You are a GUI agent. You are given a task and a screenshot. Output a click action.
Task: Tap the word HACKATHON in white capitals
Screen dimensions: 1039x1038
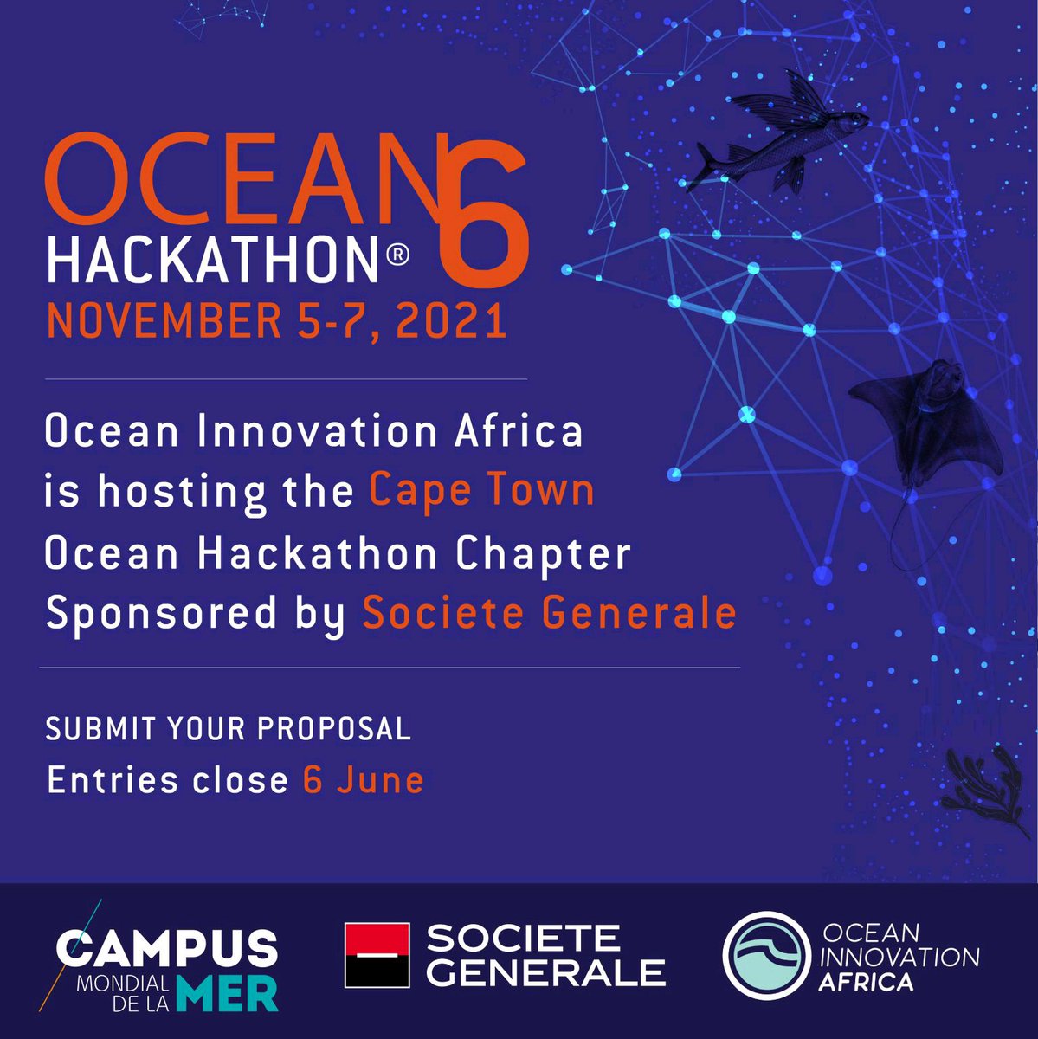[x=212, y=257]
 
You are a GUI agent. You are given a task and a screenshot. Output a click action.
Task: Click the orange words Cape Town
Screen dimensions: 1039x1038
[x=482, y=491]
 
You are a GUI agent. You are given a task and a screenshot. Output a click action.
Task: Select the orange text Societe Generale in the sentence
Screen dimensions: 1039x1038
[x=550, y=613]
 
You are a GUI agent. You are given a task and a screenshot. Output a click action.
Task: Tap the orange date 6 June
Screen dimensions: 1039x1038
[x=364, y=781]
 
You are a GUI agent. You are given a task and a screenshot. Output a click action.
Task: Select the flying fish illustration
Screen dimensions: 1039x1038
[x=775, y=139]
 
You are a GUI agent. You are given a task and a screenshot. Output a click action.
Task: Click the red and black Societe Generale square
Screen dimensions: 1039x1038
[x=377, y=955]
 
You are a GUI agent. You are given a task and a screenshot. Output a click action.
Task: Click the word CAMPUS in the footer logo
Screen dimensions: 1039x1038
[x=168, y=950]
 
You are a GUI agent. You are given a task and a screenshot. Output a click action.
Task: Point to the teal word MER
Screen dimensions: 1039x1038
[x=227, y=994]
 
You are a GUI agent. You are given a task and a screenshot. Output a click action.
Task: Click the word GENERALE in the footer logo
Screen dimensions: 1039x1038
[x=547, y=971]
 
